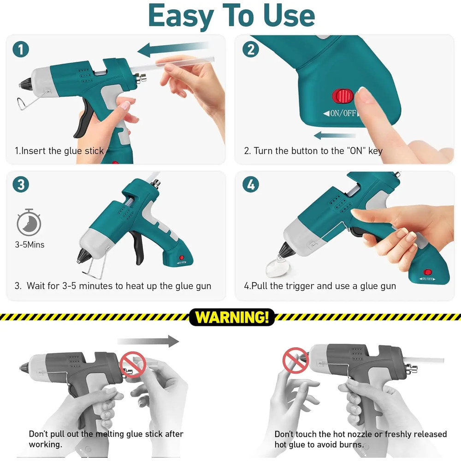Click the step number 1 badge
21,49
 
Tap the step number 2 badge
250,49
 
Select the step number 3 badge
21,184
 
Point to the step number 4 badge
250,184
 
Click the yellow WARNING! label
231,318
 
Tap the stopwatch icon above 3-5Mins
29,222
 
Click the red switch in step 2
342,96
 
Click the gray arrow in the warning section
148,342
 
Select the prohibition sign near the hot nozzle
296,361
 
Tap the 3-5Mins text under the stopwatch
30,245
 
